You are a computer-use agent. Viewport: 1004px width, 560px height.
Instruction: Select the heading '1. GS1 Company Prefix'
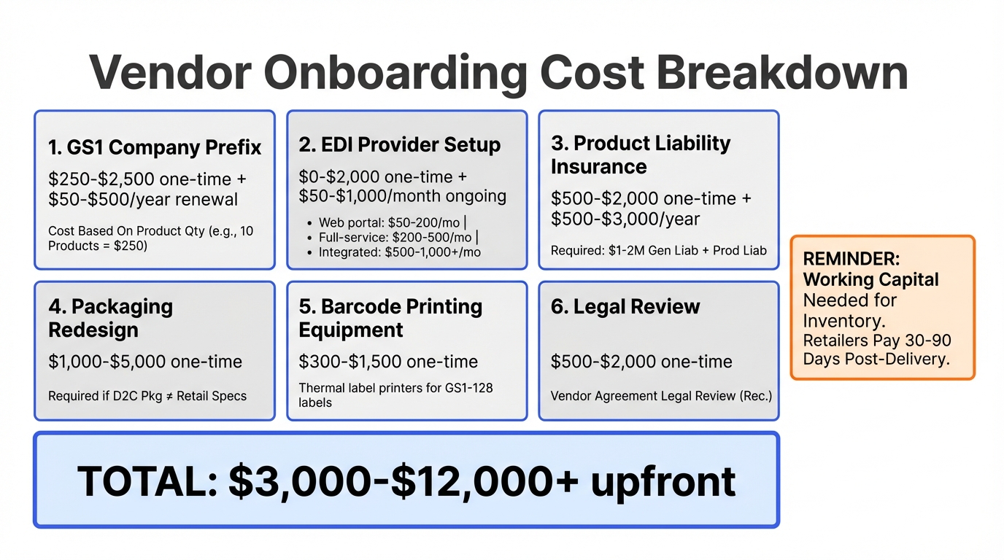[x=155, y=147]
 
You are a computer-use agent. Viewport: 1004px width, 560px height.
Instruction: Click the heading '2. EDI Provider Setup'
[x=400, y=144]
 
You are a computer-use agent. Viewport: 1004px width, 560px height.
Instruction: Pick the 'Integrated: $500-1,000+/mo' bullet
[x=399, y=252]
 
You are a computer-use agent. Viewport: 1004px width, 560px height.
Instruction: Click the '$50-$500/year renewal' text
[x=143, y=199]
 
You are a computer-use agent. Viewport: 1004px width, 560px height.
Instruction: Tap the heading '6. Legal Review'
[x=625, y=306]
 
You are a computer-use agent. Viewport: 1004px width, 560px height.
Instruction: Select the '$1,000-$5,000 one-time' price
[x=145, y=362]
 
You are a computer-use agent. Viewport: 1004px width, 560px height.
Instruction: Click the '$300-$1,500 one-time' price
[x=388, y=362]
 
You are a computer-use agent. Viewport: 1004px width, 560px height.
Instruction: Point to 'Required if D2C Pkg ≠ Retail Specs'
[x=147, y=396]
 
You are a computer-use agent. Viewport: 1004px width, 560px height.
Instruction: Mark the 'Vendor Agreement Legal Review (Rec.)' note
[x=661, y=396]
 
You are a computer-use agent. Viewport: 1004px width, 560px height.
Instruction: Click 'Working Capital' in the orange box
[x=870, y=279]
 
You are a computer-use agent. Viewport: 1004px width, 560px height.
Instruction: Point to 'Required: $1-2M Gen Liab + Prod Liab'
[x=658, y=250]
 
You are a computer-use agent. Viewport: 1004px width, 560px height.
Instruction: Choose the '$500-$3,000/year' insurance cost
[x=625, y=219]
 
